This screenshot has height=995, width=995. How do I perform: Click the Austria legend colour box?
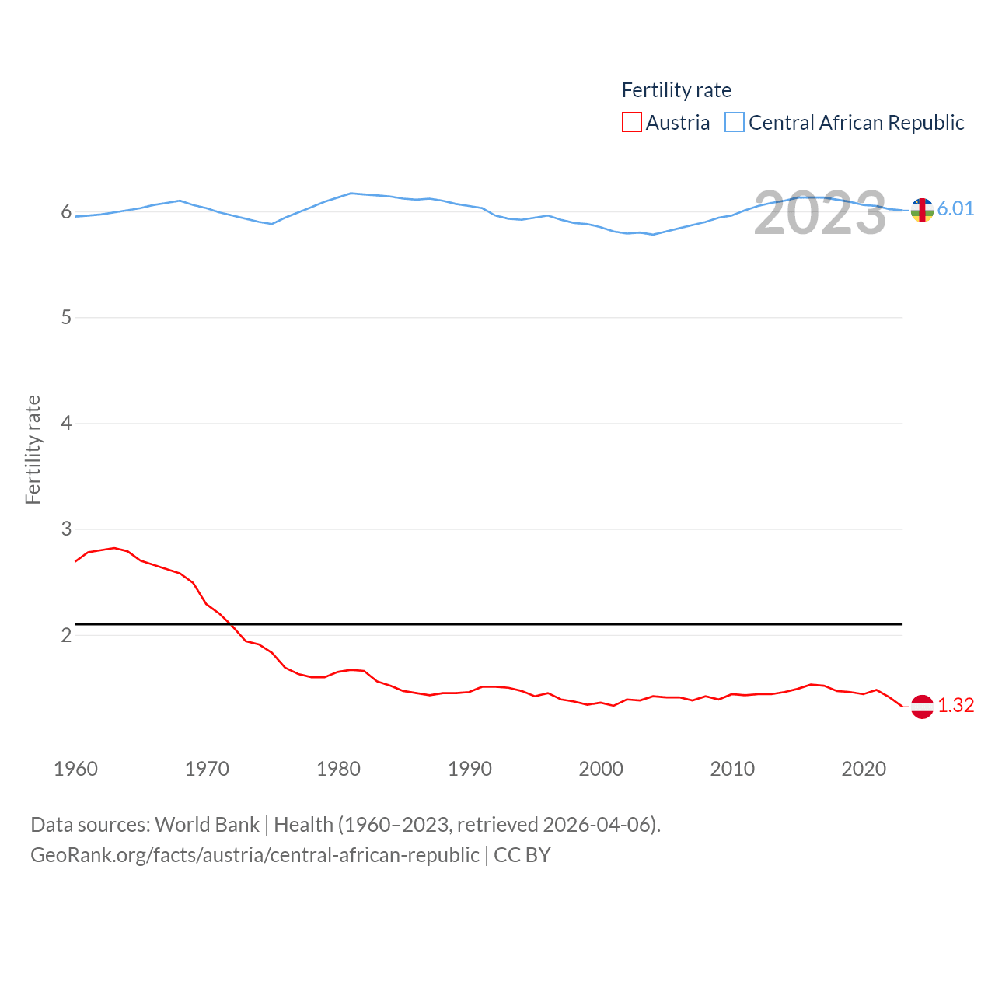pos(631,123)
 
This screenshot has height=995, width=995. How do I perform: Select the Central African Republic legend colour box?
pos(734,123)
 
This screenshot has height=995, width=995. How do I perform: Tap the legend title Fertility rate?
pos(676,90)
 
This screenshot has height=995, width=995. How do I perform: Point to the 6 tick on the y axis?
pos(66,212)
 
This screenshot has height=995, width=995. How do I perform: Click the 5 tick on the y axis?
pos(66,318)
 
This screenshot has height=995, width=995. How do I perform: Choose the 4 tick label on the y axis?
pos(66,424)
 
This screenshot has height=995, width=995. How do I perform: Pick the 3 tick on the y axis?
pos(66,529)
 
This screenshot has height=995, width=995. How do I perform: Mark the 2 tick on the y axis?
pos(66,635)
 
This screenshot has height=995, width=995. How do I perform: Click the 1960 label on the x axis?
pos(75,769)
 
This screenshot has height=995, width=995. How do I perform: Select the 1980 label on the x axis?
pos(338,769)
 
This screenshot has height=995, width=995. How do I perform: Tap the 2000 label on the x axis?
pos(601,769)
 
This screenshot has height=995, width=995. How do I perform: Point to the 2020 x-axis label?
pos(864,769)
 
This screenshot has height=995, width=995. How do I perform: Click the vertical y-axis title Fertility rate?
pos(33,450)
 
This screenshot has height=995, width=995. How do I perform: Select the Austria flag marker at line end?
pos(922,707)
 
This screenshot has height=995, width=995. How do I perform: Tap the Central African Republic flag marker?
pos(922,210)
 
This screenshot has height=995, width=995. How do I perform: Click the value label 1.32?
pos(955,705)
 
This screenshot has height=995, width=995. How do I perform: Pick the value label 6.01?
pos(955,208)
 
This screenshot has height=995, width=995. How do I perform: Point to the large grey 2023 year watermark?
pos(819,213)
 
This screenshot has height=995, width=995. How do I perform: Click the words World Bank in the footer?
pos(207,825)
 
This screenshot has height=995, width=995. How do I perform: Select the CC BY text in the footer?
pos(522,855)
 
